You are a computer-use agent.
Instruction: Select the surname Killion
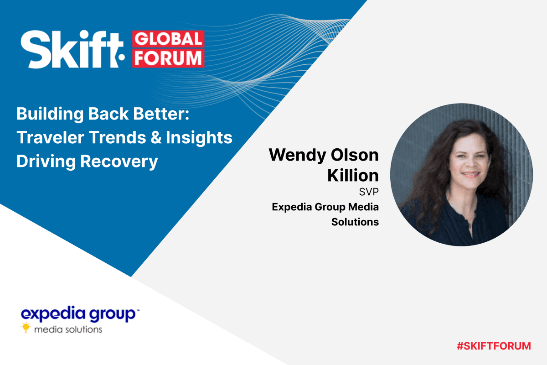click(x=353, y=176)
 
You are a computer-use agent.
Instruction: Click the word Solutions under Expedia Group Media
click(x=355, y=222)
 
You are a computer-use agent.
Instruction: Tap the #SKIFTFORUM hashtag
click(x=494, y=346)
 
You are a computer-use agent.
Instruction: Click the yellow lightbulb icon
click(x=26, y=328)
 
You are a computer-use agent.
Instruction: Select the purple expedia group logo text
click(x=78, y=314)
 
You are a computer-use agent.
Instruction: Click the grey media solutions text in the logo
click(x=68, y=328)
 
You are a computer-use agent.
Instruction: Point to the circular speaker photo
click(x=461, y=175)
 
